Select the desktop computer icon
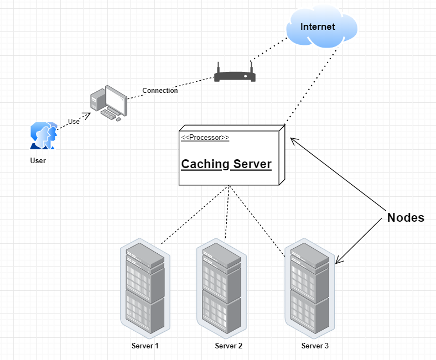[x=108, y=103]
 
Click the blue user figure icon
[x=43, y=136]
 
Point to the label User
[x=38, y=161]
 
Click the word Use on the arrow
[x=74, y=122]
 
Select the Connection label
[x=160, y=91]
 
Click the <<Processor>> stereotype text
[x=205, y=138]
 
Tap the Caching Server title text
[x=226, y=164]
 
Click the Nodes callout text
[x=406, y=218]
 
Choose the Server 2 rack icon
[x=221, y=289]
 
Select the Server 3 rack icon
[x=310, y=289]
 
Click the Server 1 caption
[x=145, y=346]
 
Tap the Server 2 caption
[x=229, y=346]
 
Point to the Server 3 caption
[x=315, y=346]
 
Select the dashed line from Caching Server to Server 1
[x=194, y=216]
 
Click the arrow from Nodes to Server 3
[x=361, y=239]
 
